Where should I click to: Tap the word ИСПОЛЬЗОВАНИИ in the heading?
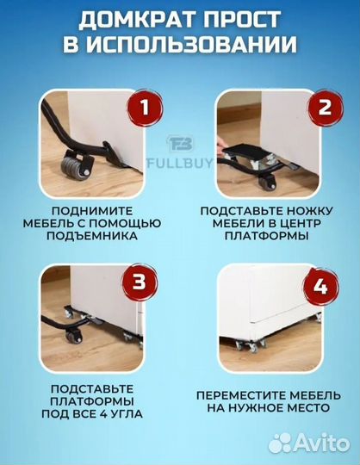pos(192,45)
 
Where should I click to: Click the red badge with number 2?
pos(324,107)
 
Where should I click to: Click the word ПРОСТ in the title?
pos(251,20)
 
